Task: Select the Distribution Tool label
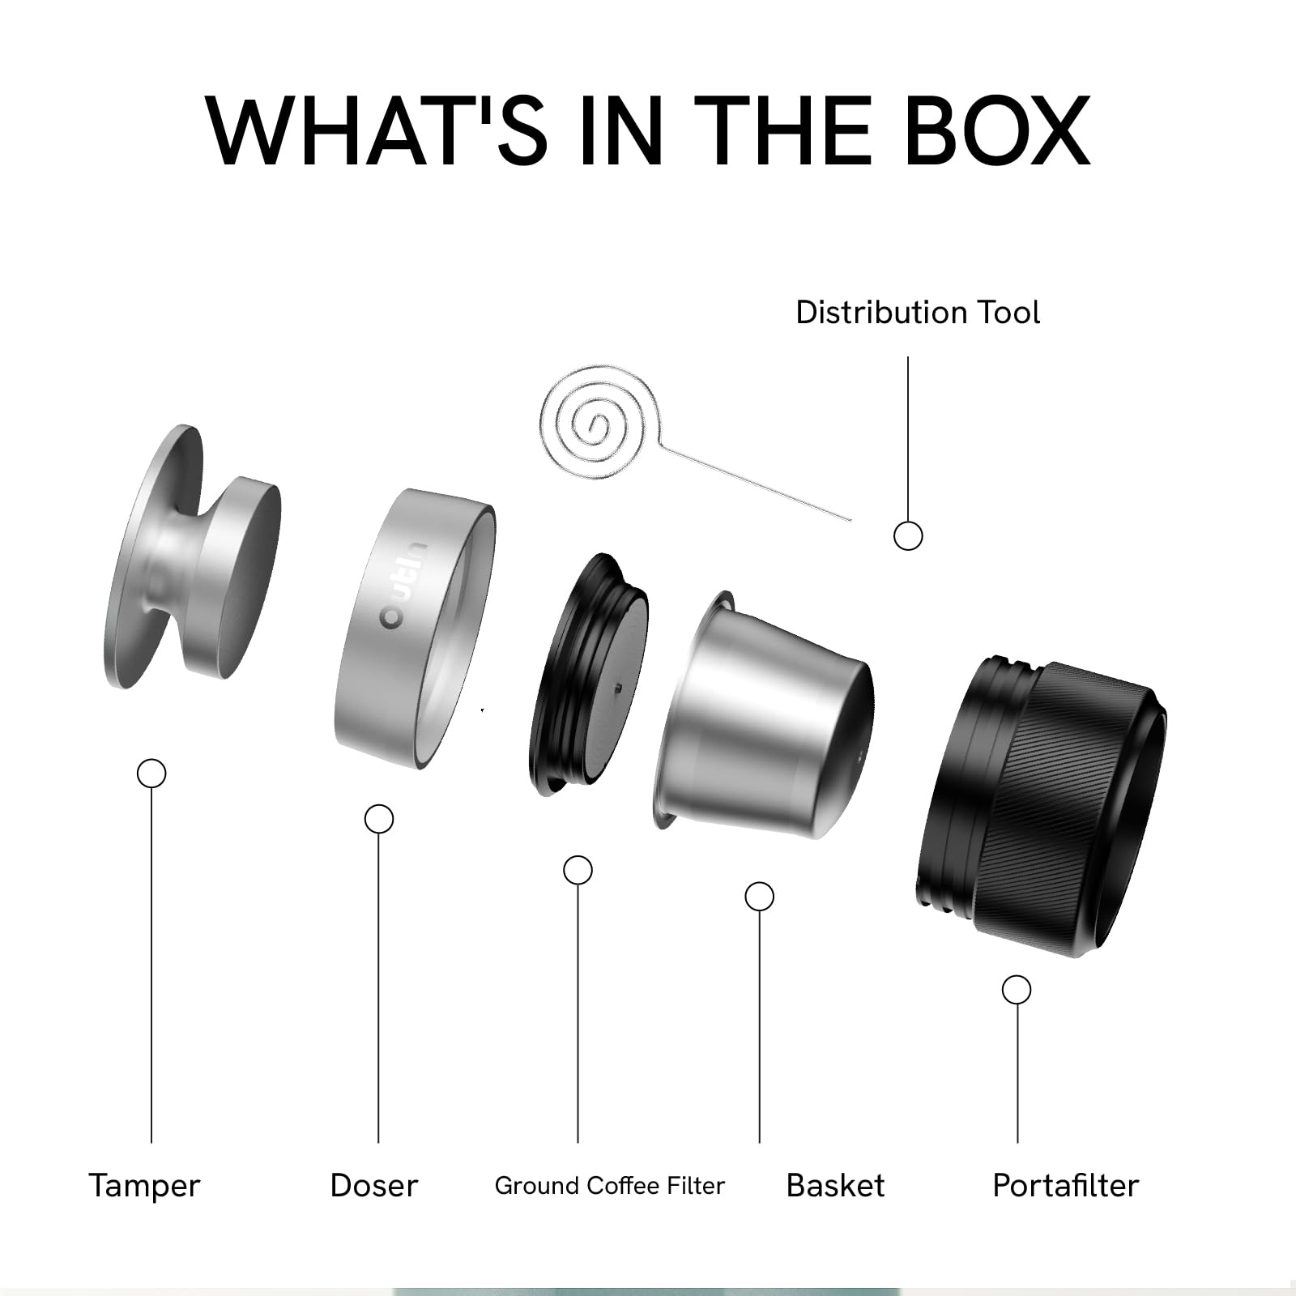[918, 313]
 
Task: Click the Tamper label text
[144, 1187]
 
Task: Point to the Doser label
[374, 1186]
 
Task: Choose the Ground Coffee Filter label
[610, 1186]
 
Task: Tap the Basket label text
[835, 1186]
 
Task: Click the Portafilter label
[1066, 1186]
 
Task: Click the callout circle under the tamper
[151, 774]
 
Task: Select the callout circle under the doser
[379, 819]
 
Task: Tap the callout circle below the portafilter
[1017, 990]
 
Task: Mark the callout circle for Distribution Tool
[908, 536]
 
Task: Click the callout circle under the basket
[759, 897]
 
